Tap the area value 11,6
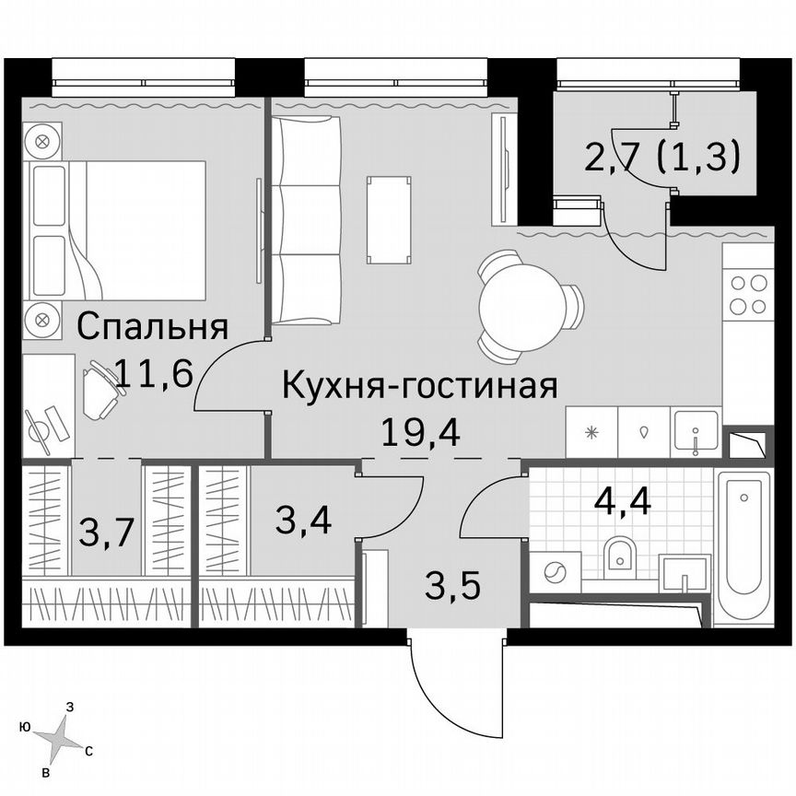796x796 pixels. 153,373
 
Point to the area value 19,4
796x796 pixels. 419,428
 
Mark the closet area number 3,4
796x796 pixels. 303,520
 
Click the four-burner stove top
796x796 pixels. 747,295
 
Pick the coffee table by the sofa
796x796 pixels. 388,218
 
